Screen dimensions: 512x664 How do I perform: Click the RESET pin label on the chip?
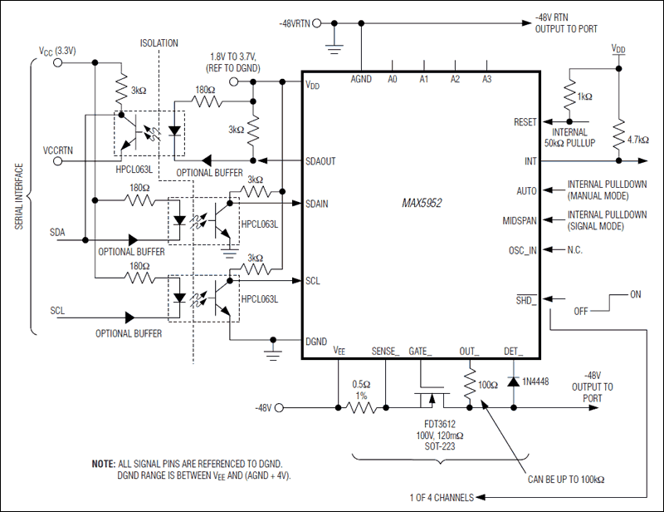tap(525, 122)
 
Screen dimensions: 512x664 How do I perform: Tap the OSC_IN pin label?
tap(522, 250)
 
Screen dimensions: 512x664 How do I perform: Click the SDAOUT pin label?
tap(320, 161)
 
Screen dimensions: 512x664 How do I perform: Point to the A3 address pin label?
tap(486, 80)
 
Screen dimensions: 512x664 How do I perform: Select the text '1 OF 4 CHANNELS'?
tap(443, 498)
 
